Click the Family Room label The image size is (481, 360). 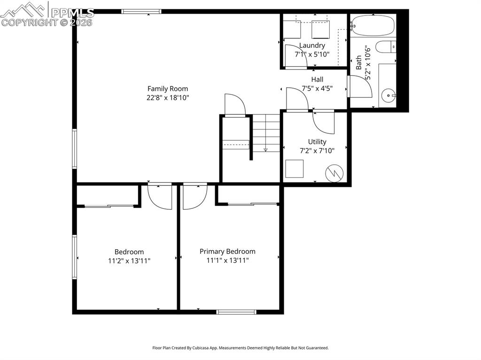point(168,89)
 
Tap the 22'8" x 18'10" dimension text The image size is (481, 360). point(168,98)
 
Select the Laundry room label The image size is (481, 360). point(312,46)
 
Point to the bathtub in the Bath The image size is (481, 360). point(373,25)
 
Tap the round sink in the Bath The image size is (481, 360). point(388,95)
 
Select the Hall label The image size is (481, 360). point(317,79)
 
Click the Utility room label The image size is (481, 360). point(317,141)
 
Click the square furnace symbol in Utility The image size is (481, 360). point(295,169)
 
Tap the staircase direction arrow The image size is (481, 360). point(265,149)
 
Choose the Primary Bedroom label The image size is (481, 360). point(227,252)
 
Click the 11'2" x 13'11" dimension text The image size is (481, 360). point(129,260)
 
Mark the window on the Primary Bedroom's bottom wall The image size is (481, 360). point(236,311)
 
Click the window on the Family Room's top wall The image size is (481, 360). point(141,11)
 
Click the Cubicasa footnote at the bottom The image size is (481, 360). point(240,348)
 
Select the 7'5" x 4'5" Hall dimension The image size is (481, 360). point(317,88)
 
